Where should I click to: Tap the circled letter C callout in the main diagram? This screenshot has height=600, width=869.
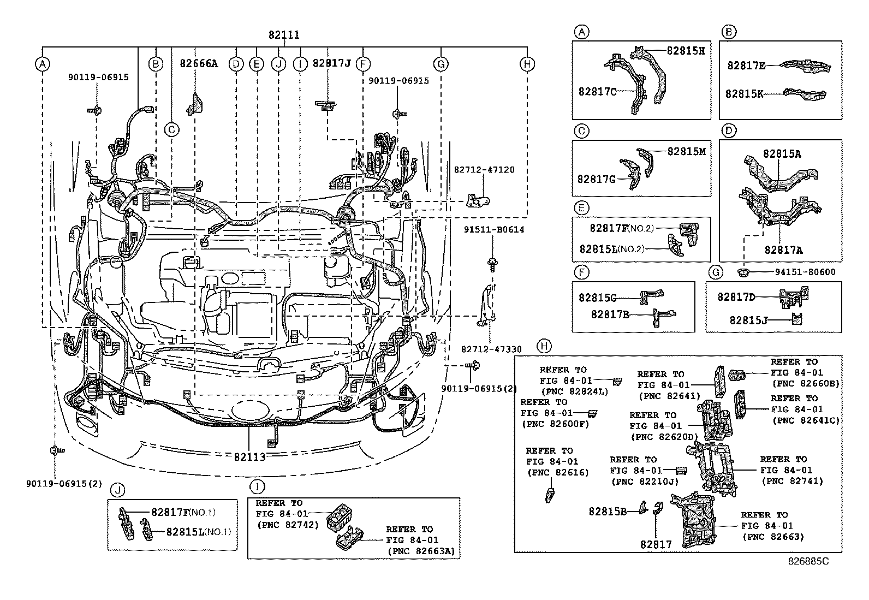click(x=171, y=130)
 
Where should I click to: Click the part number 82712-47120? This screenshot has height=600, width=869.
click(x=484, y=170)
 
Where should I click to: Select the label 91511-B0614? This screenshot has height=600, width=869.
click(x=494, y=230)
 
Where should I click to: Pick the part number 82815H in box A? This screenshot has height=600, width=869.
click(x=686, y=51)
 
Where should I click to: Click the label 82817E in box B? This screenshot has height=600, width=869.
click(x=745, y=66)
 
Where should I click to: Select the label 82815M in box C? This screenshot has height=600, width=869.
click(x=687, y=151)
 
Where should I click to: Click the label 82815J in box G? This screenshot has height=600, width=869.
click(x=748, y=320)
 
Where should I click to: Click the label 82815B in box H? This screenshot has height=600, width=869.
click(x=608, y=512)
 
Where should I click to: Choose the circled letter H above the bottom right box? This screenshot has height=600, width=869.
click(x=544, y=346)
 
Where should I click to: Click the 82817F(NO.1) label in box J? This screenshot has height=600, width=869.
click(x=183, y=513)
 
